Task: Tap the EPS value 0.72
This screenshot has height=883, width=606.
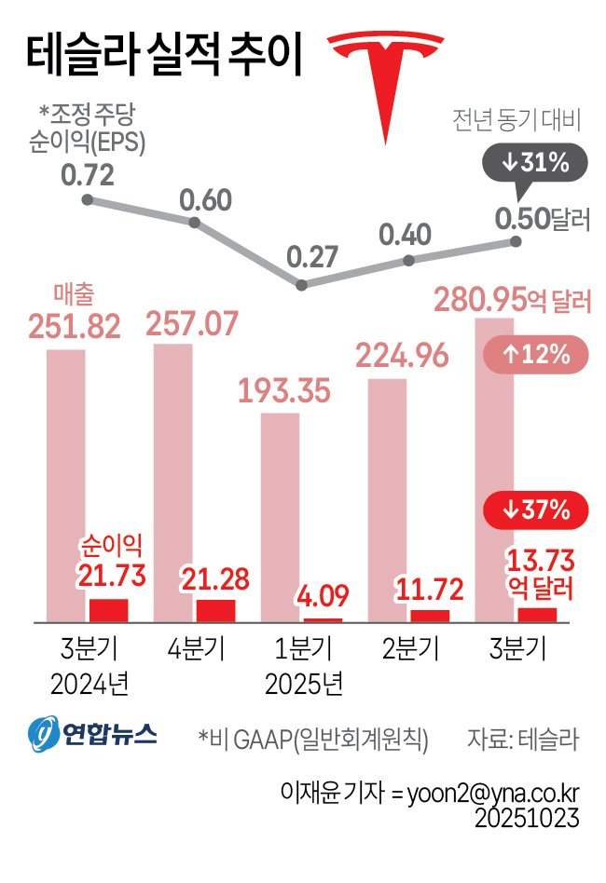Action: click(87, 174)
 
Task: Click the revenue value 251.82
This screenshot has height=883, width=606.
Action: click(88, 327)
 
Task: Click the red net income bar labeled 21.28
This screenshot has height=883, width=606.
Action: click(215, 610)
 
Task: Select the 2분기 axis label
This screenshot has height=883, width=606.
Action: click(408, 647)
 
